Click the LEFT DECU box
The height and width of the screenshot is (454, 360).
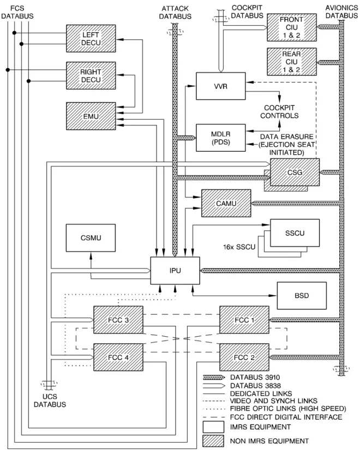(91, 39)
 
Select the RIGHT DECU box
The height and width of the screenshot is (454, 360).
(91, 75)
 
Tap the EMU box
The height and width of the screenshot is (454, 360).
(91, 116)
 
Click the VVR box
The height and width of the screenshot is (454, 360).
(221, 86)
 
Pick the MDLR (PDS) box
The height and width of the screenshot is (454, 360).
(221, 138)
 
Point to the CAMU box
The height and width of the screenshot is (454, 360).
(226, 203)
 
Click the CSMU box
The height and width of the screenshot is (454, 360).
(91, 238)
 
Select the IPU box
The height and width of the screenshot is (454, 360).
(175, 271)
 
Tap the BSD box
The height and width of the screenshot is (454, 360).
(302, 296)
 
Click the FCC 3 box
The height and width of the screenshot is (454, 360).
(118, 320)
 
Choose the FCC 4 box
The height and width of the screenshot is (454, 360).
(118, 357)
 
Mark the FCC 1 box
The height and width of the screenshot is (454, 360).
(244, 320)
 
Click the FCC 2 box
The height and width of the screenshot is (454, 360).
(244, 357)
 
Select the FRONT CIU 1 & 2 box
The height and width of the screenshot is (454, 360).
(292, 27)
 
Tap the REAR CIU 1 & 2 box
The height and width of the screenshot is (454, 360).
(292, 62)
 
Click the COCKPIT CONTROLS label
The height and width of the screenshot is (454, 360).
(279, 112)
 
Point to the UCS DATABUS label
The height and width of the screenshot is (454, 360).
(50, 401)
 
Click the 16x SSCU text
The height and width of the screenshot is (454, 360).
(239, 247)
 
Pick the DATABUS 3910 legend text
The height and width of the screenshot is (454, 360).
(255, 377)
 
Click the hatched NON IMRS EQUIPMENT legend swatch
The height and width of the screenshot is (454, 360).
(213, 441)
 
